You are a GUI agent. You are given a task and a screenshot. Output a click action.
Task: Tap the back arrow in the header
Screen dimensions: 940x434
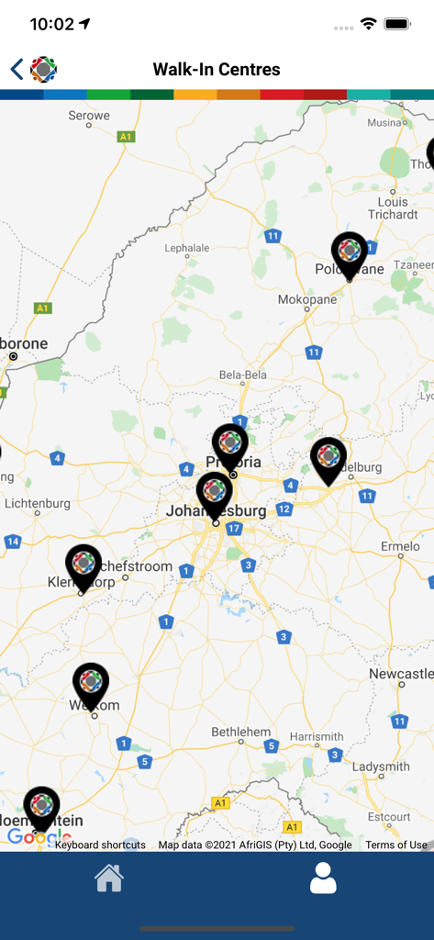17,69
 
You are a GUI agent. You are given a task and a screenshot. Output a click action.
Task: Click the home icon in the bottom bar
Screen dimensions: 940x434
109,878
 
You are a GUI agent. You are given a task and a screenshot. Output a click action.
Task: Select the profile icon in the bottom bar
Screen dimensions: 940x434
323,878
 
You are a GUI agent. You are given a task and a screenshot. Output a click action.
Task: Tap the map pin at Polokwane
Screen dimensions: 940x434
350,252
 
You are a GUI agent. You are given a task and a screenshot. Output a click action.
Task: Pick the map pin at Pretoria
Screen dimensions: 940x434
230,445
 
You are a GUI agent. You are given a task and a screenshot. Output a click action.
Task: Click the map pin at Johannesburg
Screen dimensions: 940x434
215,493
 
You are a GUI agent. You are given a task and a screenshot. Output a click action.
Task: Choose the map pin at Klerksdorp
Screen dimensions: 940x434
83,565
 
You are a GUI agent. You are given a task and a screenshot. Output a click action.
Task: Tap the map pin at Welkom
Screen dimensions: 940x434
91,684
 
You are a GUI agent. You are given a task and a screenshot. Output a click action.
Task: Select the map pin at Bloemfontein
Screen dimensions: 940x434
41,808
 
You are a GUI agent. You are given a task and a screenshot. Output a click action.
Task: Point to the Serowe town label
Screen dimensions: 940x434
89,116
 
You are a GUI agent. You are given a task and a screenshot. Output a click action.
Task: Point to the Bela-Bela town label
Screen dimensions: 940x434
243,375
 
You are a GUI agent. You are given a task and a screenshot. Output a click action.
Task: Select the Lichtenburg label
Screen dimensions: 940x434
37,503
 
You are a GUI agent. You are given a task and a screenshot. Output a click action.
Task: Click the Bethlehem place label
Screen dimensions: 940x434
241,732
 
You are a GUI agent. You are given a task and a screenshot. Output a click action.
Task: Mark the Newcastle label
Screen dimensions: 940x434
401,674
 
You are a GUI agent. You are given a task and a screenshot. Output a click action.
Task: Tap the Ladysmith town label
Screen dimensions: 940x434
381,767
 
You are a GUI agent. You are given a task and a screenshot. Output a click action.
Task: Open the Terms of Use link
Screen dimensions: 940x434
396,845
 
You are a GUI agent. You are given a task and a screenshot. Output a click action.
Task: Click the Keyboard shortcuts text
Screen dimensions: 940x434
100,845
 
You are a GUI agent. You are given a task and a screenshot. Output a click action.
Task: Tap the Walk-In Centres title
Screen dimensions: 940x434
217,70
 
